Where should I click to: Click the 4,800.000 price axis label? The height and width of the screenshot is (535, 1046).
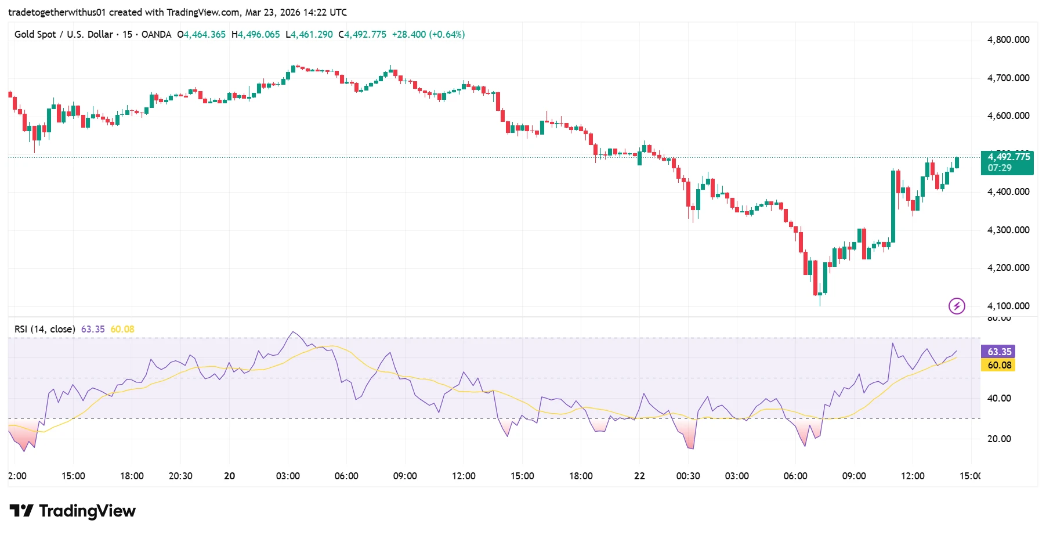(1008, 40)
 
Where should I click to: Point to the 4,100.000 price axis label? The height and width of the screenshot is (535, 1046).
(1008, 306)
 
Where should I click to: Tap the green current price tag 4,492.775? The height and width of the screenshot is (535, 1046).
(1008, 157)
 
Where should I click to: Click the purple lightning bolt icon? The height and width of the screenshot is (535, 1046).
(956, 306)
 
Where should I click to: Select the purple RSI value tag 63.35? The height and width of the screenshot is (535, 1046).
(999, 352)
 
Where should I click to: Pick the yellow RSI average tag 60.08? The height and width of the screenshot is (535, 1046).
(999, 365)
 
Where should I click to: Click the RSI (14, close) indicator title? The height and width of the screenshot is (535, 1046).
(45, 329)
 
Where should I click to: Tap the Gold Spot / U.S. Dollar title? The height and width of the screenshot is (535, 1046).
(63, 34)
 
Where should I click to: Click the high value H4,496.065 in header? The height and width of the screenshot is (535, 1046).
(256, 34)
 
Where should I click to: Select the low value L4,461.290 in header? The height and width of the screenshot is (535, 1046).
(309, 34)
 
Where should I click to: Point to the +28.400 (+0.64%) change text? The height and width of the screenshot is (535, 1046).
(428, 34)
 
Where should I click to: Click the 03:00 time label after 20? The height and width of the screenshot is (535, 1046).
(288, 476)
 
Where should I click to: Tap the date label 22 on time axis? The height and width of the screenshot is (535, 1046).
(639, 476)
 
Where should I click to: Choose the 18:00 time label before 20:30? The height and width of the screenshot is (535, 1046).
(132, 476)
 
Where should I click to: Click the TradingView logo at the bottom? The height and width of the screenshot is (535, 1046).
(73, 511)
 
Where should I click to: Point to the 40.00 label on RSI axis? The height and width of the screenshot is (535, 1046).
(999, 398)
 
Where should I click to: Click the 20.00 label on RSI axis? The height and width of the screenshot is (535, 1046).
(999, 439)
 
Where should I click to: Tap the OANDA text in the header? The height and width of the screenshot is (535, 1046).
(156, 34)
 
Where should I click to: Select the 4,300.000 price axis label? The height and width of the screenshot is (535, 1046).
(1008, 230)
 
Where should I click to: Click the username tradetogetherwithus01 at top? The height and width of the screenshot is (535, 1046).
(57, 12)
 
